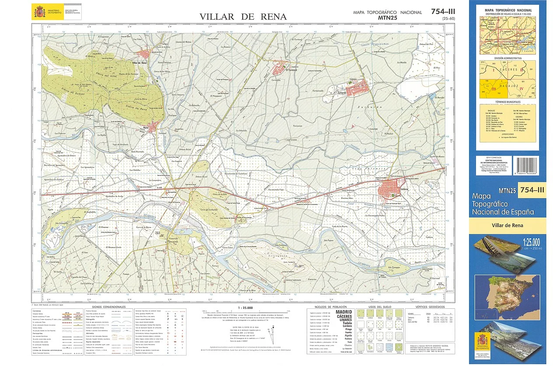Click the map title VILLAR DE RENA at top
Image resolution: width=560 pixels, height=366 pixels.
pyautogui.click(x=243, y=17)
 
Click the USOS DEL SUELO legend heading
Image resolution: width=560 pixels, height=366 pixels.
pyautogui.click(x=379, y=307)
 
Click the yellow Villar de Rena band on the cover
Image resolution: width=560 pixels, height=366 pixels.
pyautogui.click(x=507, y=226)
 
